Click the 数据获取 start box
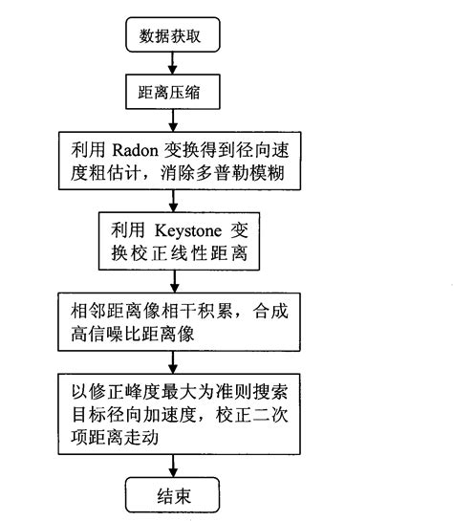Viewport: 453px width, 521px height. (x=172, y=36)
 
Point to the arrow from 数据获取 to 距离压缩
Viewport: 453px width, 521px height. (x=172, y=64)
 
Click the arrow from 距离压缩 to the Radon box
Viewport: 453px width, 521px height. (x=172, y=120)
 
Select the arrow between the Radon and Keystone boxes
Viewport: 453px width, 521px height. (x=172, y=200)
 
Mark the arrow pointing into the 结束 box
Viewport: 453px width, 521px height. (x=172, y=466)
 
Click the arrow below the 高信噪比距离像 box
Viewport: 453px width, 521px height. (x=172, y=360)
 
